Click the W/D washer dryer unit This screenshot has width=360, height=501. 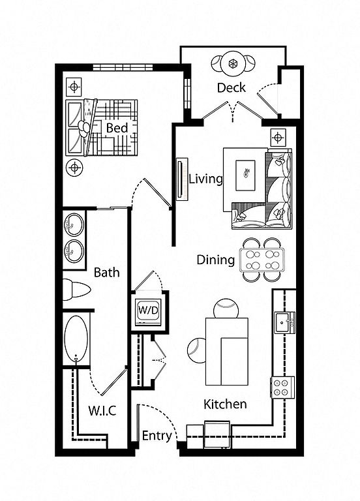coord(148,312)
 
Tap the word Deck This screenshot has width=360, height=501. coord(232,87)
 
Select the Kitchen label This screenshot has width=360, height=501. coord(225,404)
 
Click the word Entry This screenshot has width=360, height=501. coord(157,436)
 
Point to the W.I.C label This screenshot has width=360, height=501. coord(102,410)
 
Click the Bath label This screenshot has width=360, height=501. coord(107,273)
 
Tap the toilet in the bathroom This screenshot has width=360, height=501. coord(76,290)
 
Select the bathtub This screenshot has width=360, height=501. coord(76,339)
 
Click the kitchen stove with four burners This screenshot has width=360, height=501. coord(282,387)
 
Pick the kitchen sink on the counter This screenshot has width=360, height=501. coord(284,323)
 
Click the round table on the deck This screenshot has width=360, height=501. coord(233,63)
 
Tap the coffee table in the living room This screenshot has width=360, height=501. coord(245,175)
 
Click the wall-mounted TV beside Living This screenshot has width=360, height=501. coord(182,179)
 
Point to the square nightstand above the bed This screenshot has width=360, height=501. coord(74,87)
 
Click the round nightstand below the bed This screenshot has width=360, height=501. coord(74,167)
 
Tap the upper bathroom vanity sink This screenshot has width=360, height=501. coord(74,224)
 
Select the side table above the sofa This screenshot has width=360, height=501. coord(278,138)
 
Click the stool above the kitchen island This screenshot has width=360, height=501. coord(226,309)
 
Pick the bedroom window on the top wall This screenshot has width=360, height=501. coord(123,67)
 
